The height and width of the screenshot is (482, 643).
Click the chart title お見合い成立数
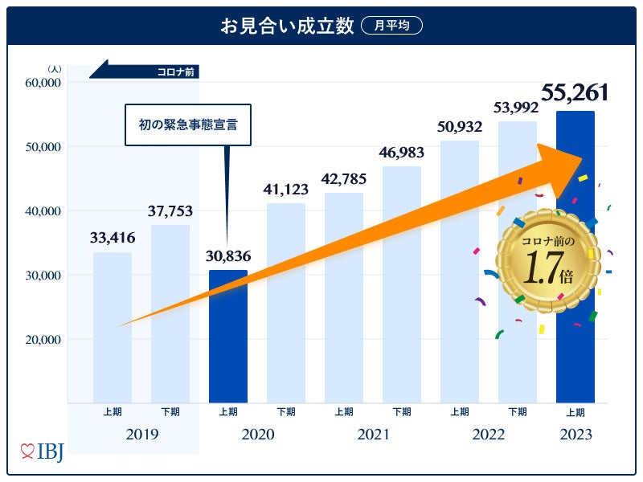[287, 26]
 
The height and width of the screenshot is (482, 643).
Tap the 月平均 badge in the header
[391, 26]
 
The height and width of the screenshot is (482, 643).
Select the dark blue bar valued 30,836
[227, 336]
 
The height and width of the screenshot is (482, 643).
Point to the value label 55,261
[574, 93]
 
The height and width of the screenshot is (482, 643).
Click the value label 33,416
[113, 237]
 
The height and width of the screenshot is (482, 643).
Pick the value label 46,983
[402, 152]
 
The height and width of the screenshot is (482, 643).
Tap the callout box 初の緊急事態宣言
[188, 125]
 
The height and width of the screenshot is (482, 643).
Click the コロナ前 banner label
[177, 72]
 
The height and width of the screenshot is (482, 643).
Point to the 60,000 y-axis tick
[43, 83]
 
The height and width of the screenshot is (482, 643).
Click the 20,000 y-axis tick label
[43, 339]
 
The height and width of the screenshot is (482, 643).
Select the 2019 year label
[141, 435]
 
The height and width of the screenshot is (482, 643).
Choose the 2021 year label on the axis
[372, 435]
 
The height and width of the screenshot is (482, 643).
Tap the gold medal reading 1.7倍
[547, 261]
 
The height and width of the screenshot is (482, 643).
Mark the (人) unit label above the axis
[54, 69]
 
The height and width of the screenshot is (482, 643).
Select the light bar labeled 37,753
[170, 313]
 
